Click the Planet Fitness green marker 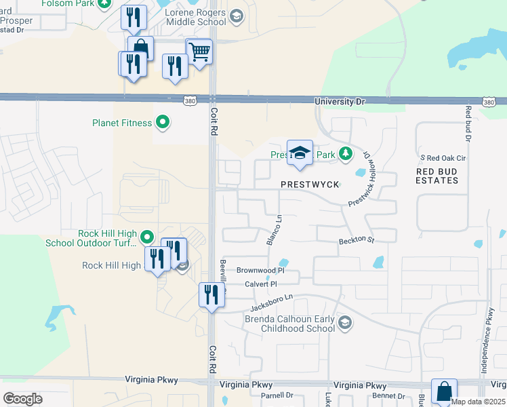(163, 123)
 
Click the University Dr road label (340, 102)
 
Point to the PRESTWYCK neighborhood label (309, 185)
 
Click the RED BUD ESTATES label (437, 176)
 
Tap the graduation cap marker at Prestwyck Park (300, 153)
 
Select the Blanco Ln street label (273, 230)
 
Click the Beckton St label (357, 241)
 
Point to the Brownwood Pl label (258, 270)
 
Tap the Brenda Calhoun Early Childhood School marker (345, 322)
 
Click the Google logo (22, 399)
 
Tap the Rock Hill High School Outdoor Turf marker (148, 237)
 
